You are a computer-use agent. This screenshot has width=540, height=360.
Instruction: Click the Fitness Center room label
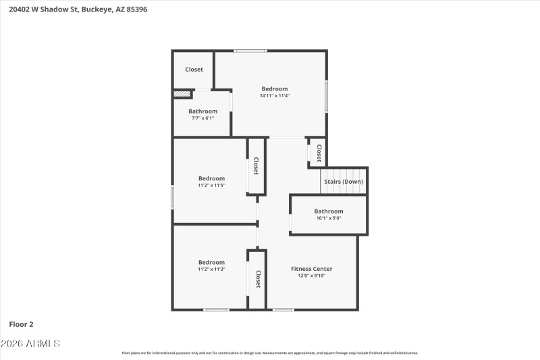(311, 269)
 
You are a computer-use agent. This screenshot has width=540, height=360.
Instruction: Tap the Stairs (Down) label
(343, 182)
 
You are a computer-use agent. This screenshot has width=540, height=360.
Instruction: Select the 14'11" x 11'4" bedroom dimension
(275, 96)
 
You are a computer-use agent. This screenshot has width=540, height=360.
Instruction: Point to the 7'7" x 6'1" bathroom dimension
(202, 118)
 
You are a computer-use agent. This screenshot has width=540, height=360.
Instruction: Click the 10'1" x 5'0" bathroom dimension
(329, 218)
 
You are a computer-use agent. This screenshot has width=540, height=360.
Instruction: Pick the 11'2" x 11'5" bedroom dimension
(211, 186)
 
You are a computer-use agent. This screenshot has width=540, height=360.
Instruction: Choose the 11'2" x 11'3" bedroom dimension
(211, 269)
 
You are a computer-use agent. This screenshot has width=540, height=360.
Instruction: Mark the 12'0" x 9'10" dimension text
(311, 276)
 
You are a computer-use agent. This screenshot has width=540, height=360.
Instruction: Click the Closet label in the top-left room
(194, 70)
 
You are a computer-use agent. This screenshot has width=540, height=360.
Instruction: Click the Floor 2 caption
(21, 325)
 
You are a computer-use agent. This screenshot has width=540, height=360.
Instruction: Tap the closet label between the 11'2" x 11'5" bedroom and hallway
(256, 166)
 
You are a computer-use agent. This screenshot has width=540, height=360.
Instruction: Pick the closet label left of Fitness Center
(258, 279)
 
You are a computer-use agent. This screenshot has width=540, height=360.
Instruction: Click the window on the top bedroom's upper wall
(250, 51)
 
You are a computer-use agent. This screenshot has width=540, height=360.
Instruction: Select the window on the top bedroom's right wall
(327, 97)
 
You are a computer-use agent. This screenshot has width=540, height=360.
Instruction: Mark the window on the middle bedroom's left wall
(173, 197)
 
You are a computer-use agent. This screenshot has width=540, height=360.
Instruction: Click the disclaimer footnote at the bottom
(269, 353)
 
